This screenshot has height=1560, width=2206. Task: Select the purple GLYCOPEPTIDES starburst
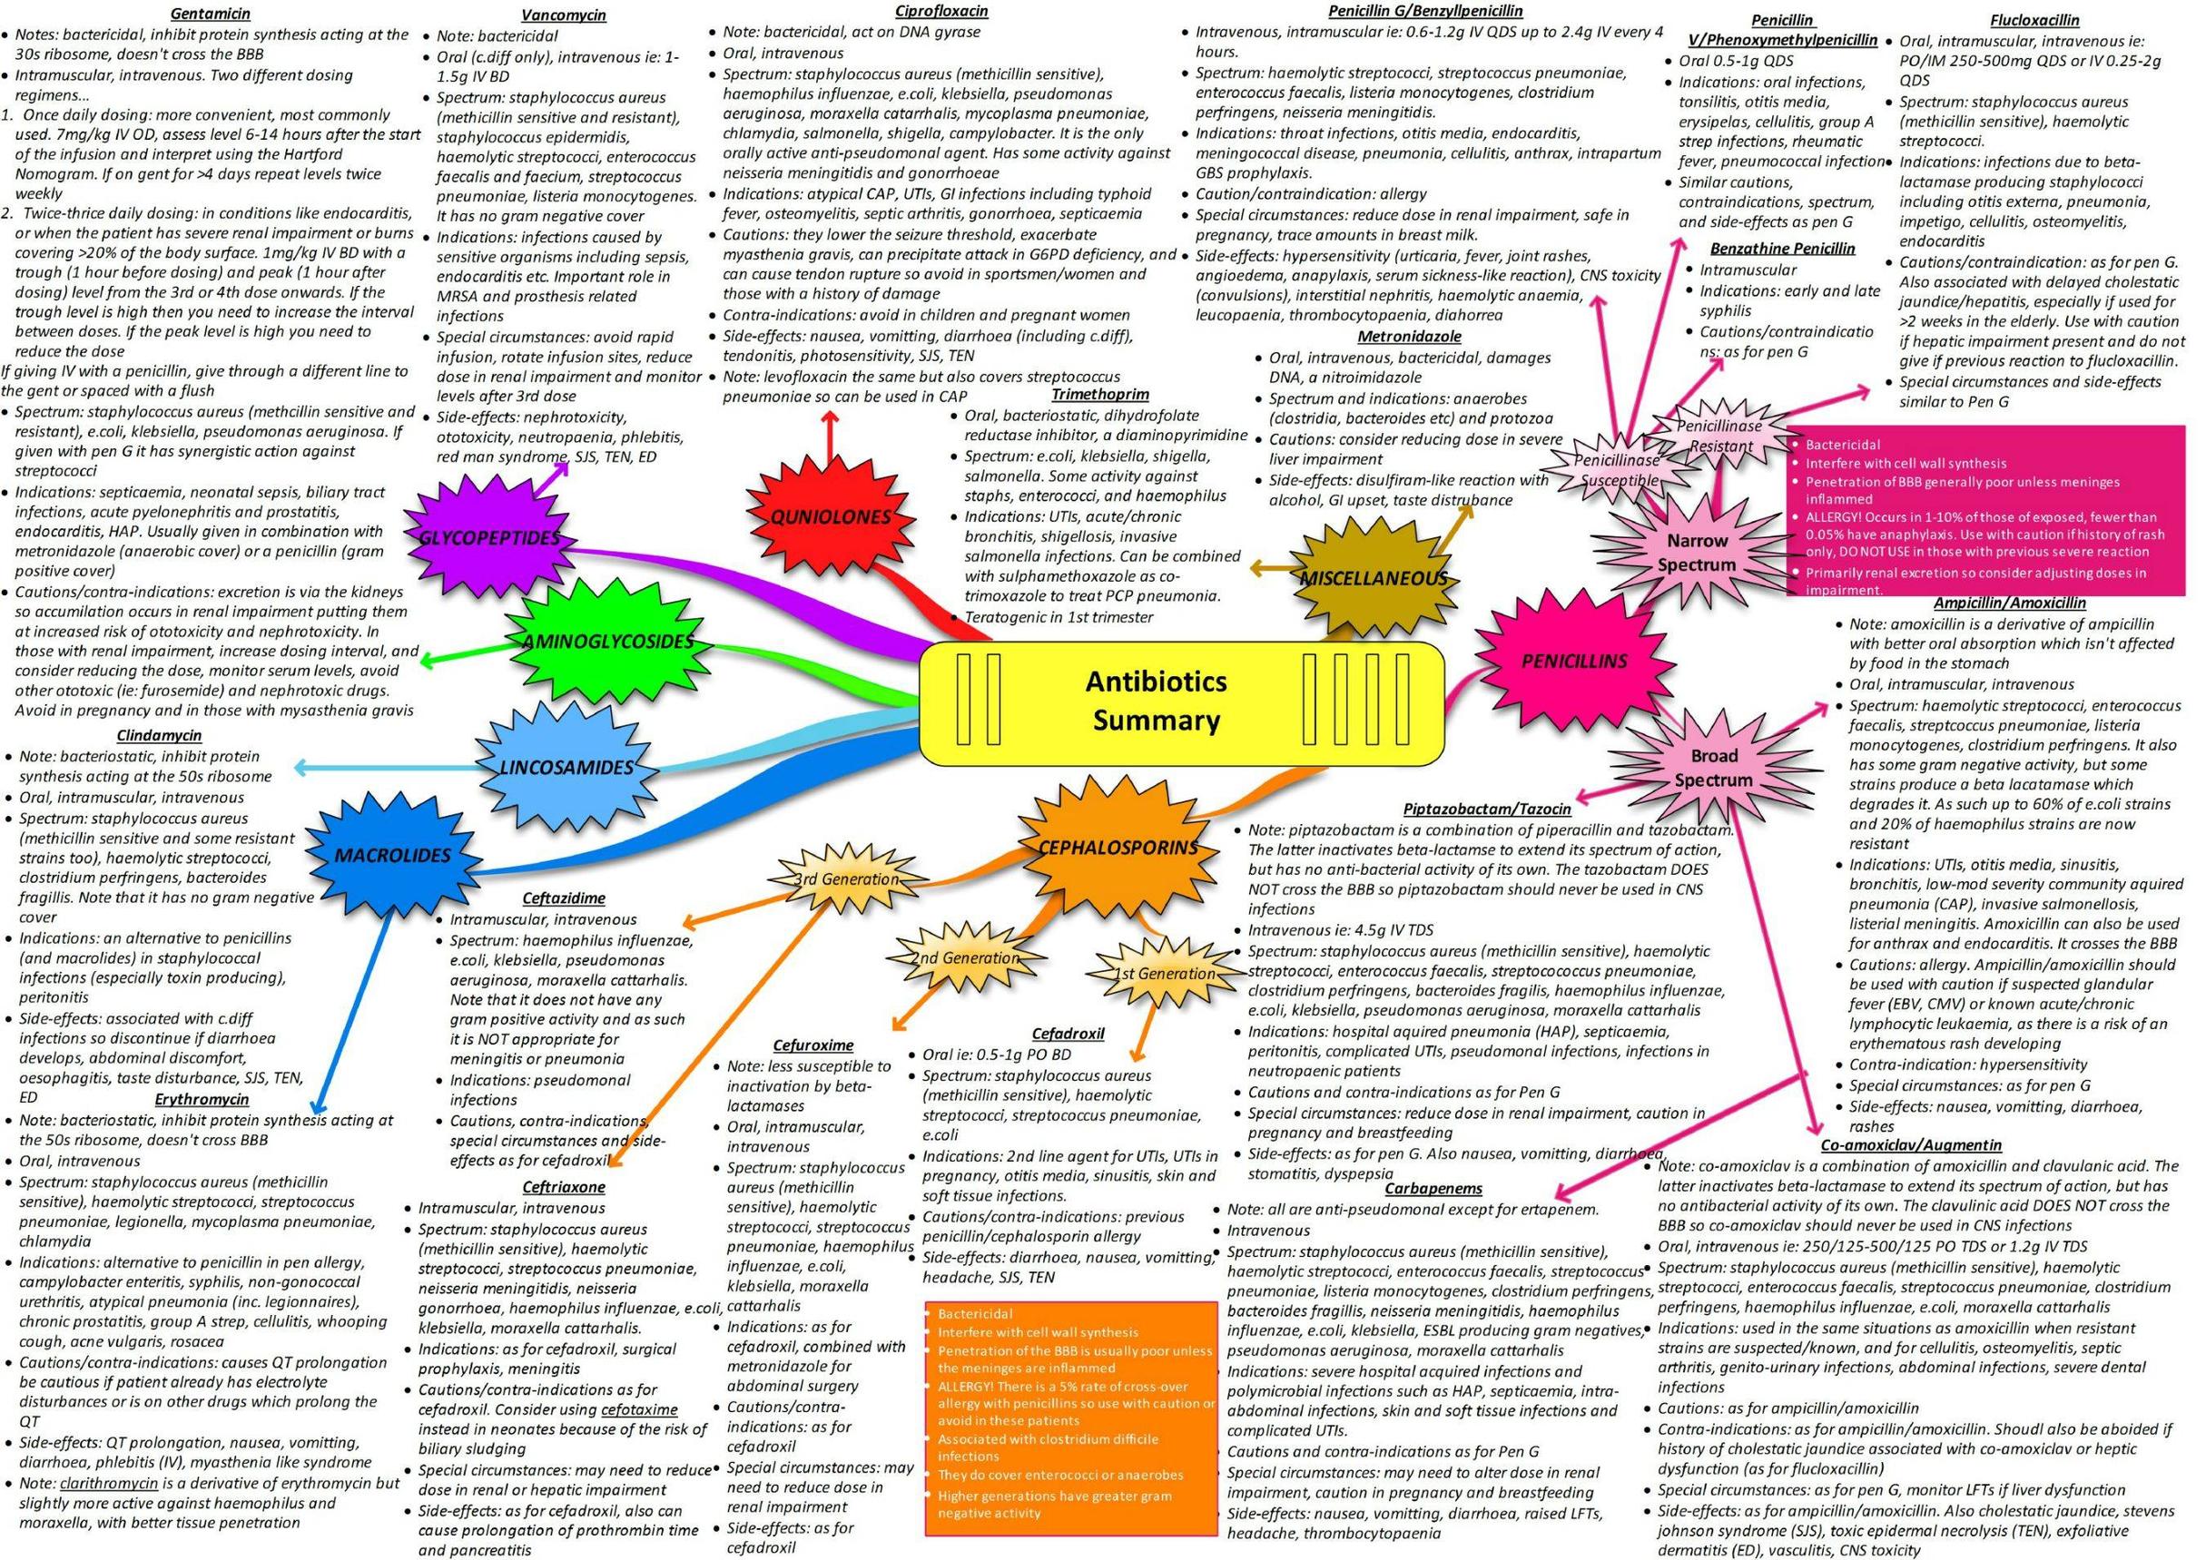490,537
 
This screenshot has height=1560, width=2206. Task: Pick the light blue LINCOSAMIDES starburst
566,767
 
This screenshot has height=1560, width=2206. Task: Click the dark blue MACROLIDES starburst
393,855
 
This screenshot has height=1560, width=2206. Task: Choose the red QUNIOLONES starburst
830,516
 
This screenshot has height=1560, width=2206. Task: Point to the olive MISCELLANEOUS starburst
1372,578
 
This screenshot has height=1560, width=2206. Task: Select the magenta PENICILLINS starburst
1574,660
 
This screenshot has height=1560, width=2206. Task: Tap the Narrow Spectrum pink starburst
1696,553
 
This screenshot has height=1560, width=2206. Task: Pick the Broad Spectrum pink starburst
1713,768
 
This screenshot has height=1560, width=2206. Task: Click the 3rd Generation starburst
846,878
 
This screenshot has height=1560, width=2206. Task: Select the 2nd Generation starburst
964,957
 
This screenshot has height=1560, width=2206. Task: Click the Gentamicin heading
211,15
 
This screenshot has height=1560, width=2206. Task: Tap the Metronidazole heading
1409,336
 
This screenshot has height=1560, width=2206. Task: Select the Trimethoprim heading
1099,394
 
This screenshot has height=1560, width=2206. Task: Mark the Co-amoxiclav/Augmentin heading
1911,1144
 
